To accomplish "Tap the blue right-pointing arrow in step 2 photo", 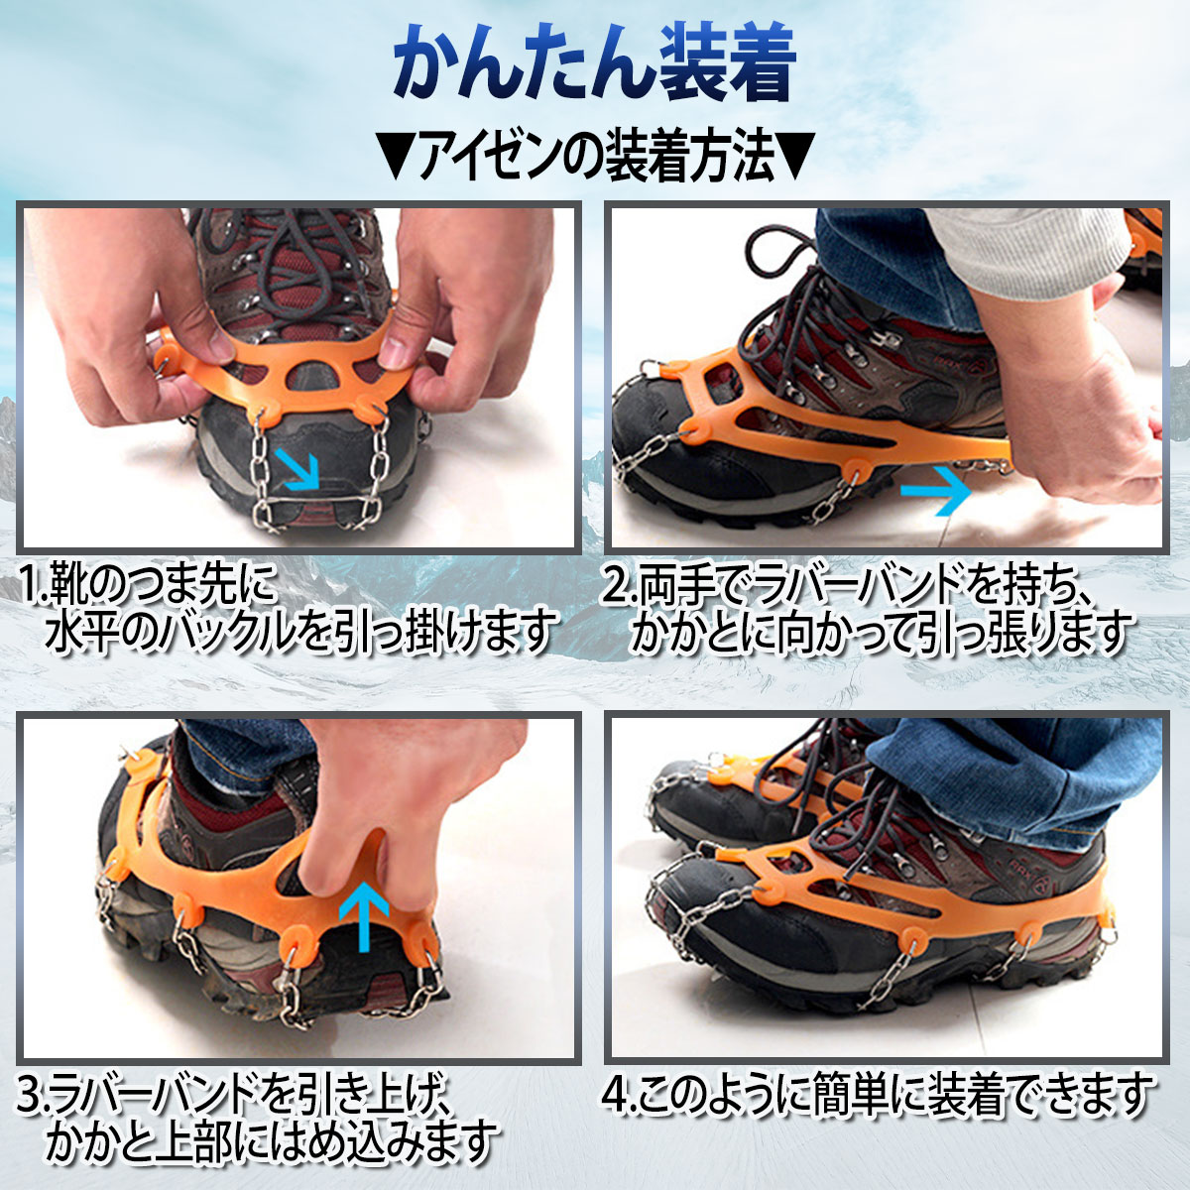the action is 935,490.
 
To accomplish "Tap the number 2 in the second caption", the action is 616,589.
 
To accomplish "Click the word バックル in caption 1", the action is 235,634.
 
